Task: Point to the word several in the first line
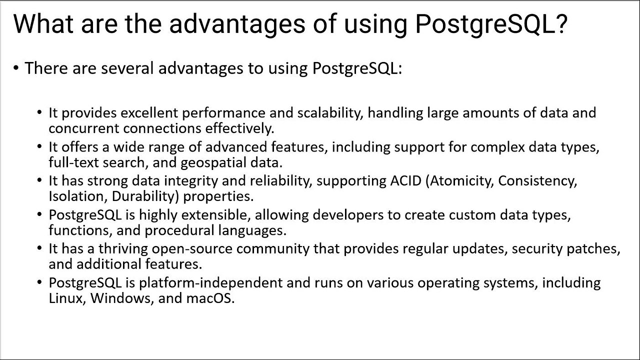click(127, 68)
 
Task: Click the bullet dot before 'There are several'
click(16, 68)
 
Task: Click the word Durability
click(142, 196)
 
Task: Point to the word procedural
click(179, 230)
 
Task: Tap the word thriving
click(123, 249)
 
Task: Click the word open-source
click(192, 249)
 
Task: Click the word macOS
click(210, 298)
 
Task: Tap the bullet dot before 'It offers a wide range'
click(39, 147)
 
